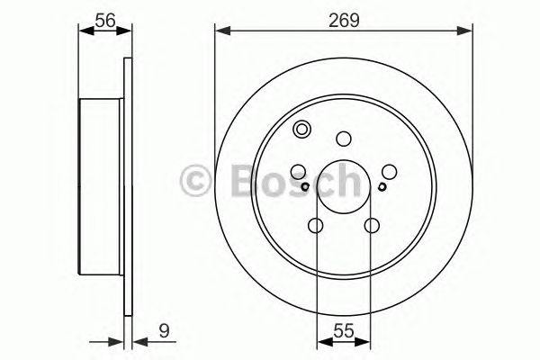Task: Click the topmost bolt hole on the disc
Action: [x=343, y=139]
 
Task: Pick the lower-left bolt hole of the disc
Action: [x=316, y=226]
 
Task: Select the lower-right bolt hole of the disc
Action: [x=371, y=226]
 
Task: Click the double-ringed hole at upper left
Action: [x=302, y=129]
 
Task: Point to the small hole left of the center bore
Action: [x=306, y=186]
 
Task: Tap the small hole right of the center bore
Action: [x=382, y=186]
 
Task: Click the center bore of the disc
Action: [x=343, y=186]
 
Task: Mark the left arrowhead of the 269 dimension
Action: [x=220, y=31]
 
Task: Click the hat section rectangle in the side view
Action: [x=102, y=186]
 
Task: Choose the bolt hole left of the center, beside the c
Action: [x=298, y=170]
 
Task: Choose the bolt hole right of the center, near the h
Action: [x=389, y=170]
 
